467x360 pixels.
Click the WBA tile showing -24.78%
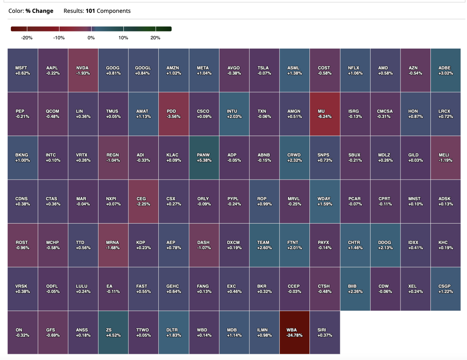294,332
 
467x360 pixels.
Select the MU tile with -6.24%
325,114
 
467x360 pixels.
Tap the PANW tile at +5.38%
204,157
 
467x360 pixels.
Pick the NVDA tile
83,70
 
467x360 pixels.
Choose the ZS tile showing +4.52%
113,332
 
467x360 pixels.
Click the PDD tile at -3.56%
173,114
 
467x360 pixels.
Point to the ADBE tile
445,70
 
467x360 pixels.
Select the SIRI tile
325,332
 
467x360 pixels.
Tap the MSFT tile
22,70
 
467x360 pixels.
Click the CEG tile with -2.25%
143,201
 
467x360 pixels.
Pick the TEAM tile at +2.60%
264,245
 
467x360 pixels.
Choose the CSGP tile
445,288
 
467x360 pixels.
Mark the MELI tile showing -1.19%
445,157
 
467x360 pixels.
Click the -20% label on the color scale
27,38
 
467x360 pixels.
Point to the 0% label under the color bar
91,38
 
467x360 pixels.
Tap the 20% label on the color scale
155,38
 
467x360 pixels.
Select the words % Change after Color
39,11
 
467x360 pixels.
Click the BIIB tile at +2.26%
355,288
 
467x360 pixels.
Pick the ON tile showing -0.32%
22,332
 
